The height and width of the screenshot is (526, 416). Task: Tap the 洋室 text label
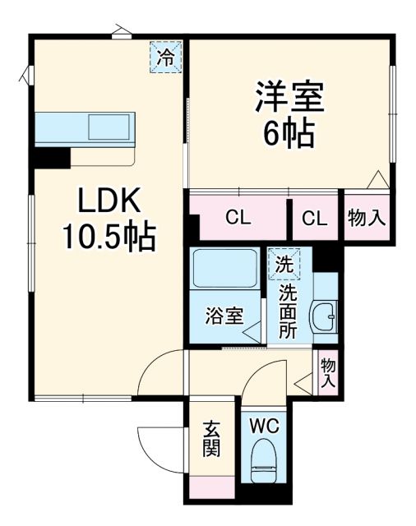point(289,98)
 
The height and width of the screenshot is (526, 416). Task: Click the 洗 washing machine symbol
point(284,265)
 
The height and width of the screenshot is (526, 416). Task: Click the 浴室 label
point(224,316)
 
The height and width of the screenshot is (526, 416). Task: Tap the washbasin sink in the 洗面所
point(326,316)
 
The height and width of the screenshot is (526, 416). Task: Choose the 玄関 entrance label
point(211,441)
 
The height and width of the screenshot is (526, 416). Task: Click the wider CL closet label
point(239,218)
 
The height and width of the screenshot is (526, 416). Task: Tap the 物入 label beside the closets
point(367,218)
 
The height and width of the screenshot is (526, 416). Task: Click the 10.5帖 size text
point(109,238)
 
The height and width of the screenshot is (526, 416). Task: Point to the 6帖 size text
point(289,133)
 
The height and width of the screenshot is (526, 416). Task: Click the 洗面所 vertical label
point(287,312)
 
